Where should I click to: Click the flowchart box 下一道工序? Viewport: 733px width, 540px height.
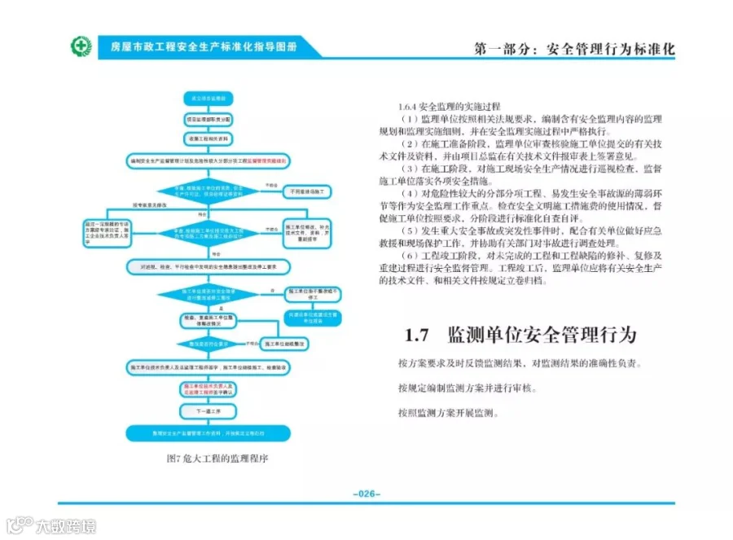pos(204,411)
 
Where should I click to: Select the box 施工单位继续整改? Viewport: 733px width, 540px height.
pos(305,343)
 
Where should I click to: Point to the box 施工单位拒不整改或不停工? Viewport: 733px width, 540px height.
pos(307,292)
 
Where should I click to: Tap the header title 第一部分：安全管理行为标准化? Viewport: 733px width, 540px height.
pos(574,49)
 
